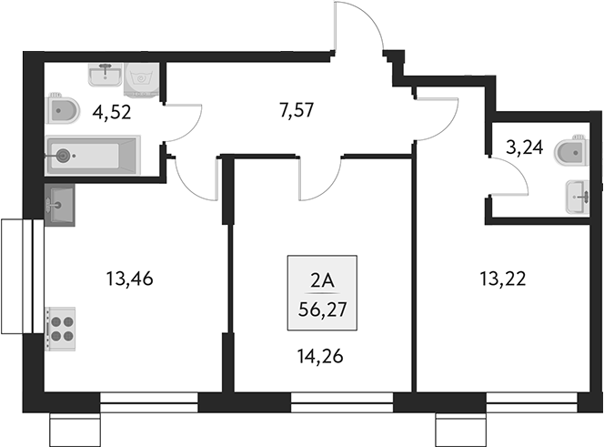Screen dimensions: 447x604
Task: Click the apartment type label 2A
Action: (x=322, y=280)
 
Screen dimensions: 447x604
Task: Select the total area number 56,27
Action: (x=322, y=308)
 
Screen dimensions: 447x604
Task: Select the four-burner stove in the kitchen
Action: (x=61, y=327)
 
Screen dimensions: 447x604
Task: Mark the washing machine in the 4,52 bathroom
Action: (x=141, y=80)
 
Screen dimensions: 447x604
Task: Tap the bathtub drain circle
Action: (x=63, y=156)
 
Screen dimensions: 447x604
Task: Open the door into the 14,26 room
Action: (x=319, y=178)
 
